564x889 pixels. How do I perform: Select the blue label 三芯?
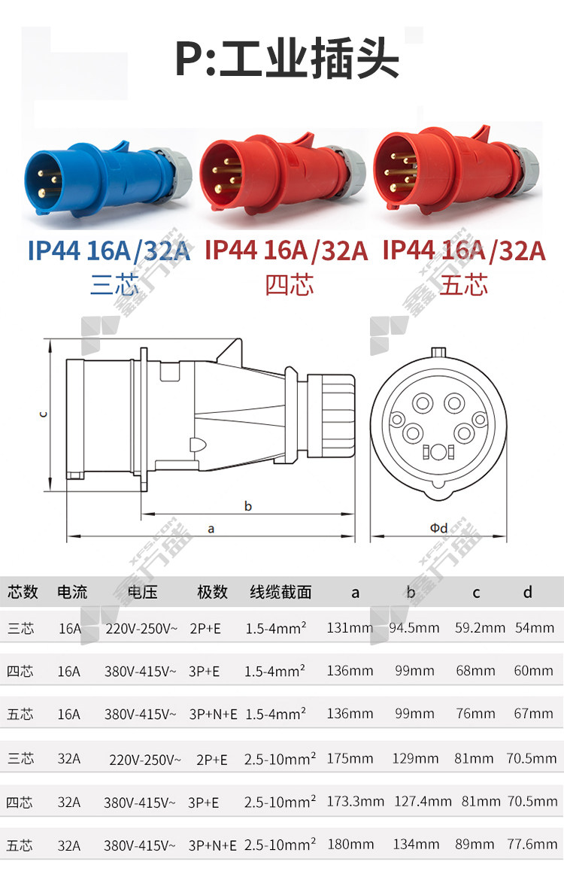pos(114,284)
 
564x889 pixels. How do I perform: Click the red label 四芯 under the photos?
pos(289,284)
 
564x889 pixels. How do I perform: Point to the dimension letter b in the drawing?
pos(247,505)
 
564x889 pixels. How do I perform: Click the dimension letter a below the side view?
pos(211,529)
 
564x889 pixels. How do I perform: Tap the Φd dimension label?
pos(438,528)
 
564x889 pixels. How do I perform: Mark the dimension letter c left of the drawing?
pos(44,414)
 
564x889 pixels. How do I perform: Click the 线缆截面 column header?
pos(280,593)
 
